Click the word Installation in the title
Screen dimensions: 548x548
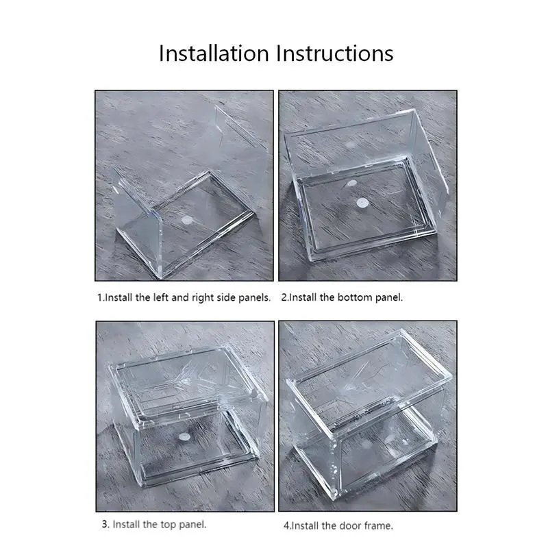(x=214, y=53)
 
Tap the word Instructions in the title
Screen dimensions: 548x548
(x=335, y=53)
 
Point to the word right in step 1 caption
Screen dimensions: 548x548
(x=203, y=298)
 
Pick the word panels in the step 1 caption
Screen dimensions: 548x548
(x=254, y=298)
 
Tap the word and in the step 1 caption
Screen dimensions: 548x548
(x=180, y=297)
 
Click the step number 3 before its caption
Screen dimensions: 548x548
(x=105, y=524)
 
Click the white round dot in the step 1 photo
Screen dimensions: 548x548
(x=187, y=220)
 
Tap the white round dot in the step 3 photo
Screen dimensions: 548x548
(x=184, y=436)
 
